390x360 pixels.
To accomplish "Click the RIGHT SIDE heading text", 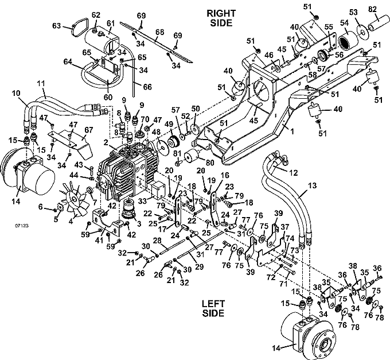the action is (x=221, y=18).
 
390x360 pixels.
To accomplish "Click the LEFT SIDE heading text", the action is (x=213, y=308).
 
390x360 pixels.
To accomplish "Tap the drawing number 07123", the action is (x=22, y=226).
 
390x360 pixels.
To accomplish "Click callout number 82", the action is (x=372, y=10).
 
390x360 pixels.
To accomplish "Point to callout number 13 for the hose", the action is (x=313, y=185).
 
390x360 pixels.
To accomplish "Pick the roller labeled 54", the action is (x=348, y=41).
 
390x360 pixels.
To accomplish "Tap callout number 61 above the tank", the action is (x=111, y=24).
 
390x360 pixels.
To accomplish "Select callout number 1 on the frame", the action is (x=292, y=131).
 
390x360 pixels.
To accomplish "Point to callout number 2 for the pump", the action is (x=106, y=142).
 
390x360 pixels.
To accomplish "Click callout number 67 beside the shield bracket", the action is (x=88, y=130).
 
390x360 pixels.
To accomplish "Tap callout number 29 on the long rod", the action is (x=199, y=266).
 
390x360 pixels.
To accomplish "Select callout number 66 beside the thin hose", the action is (x=147, y=87).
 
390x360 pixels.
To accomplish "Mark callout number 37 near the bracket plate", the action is (x=285, y=227).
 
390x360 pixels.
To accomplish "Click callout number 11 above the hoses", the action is (x=41, y=83).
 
